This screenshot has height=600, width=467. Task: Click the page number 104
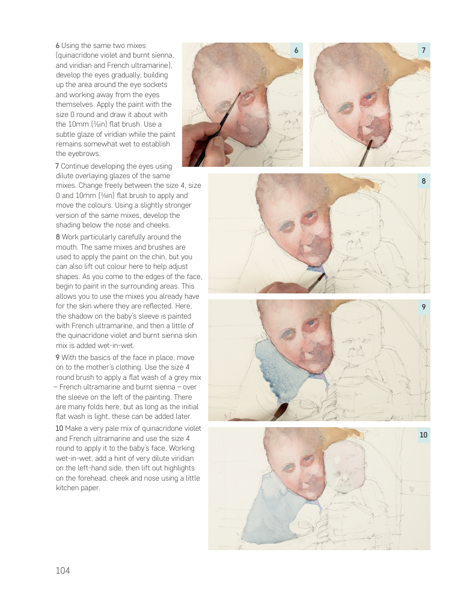[63, 571]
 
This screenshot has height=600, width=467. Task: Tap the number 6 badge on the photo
[296, 50]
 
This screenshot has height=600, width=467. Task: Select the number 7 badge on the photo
[424, 50]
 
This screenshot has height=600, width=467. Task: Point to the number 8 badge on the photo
[424, 181]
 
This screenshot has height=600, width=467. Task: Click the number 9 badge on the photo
[424, 307]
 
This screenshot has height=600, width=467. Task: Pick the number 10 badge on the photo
[423, 434]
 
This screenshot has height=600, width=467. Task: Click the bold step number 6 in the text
[58, 46]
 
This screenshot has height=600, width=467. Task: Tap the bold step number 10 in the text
[59, 428]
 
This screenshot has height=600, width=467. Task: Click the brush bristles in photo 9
[282, 408]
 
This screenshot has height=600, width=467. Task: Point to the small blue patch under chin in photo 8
[318, 272]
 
